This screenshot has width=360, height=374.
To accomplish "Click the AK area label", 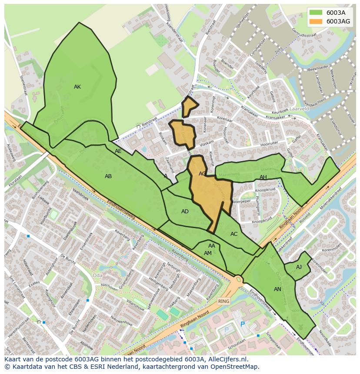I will [x=77, y=87].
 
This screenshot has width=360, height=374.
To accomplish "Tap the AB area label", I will [x=108, y=176].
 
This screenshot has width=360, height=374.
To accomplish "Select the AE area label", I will [x=118, y=151].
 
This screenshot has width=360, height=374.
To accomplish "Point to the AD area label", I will [x=185, y=212].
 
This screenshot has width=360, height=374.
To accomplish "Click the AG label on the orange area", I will [x=202, y=174].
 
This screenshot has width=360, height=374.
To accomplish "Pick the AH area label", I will [x=263, y=177].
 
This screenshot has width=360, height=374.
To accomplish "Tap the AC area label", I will [x=234, y=234].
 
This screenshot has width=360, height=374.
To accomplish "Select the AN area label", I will [x=277, y=289].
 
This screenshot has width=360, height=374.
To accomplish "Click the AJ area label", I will [x=299, y=267].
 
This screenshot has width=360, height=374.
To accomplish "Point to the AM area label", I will [x=208, y=253].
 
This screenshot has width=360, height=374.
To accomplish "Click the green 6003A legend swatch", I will [x=316, y=12].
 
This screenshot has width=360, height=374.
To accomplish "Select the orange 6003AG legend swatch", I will [x=316, y=21].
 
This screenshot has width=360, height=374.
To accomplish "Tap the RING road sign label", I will [x=223, y=301].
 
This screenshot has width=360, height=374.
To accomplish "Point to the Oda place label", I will [x=98, y=275].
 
